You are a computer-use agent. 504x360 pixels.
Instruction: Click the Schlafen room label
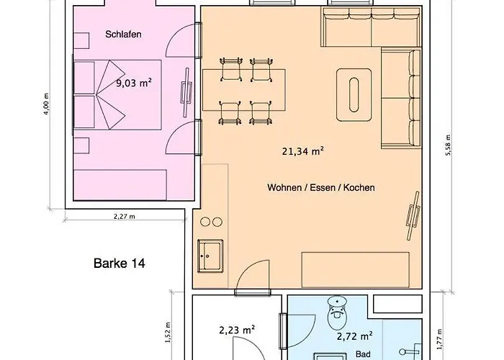point(123,35)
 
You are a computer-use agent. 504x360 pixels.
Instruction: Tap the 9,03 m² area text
point(134,84)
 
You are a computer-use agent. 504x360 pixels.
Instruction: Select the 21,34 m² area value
point(303,150)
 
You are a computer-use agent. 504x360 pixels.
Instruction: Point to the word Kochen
point(359,187)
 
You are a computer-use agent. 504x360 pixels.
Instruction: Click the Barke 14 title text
point(120,264)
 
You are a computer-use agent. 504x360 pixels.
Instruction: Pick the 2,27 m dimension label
point(125,216)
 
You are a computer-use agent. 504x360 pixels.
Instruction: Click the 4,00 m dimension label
point(47,104)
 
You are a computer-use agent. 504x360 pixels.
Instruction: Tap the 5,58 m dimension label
point(448,145)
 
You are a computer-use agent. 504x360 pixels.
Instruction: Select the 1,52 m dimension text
point(168,332)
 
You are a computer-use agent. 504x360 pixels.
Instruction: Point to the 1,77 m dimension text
point(440,339)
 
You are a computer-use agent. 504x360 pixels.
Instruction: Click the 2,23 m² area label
point(237,330)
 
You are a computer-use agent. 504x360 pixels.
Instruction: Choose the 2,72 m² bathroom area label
point(355,336)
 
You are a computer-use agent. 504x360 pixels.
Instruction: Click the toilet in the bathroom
point(337,312)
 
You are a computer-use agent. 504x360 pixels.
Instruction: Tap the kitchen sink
point(210,256)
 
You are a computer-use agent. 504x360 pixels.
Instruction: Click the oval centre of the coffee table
point(354,95)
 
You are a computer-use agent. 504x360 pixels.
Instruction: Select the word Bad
point(363,354)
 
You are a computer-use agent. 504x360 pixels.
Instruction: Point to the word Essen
point(323,187)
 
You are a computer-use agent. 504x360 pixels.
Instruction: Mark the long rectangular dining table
point(244,90)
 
